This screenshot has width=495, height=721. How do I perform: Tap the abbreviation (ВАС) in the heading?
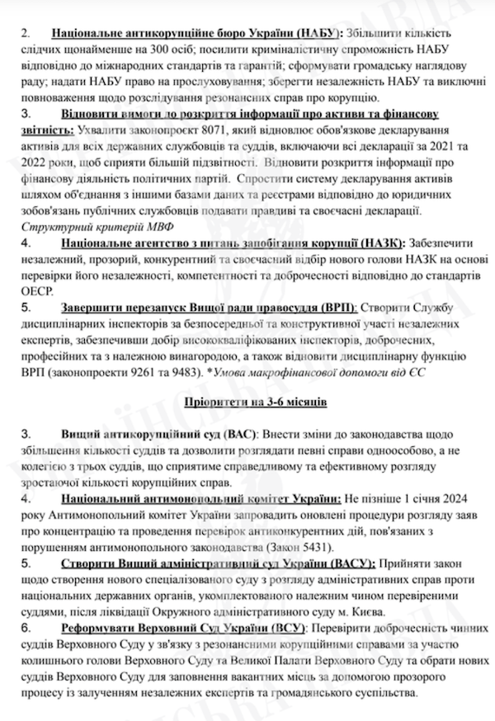click(240, 433)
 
